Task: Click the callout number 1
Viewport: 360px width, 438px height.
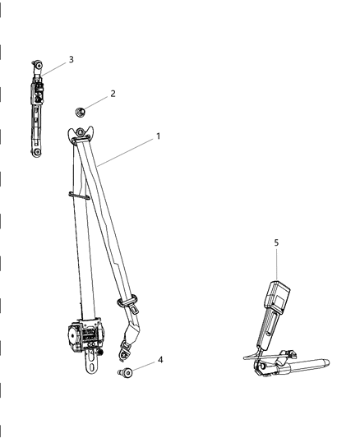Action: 157,136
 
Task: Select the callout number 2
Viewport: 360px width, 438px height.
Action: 113,94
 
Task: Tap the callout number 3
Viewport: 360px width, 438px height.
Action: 71,59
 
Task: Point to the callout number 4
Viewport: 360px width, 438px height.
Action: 159,360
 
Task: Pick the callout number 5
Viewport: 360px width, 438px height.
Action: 276,242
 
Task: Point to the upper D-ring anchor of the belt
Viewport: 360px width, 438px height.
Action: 81,135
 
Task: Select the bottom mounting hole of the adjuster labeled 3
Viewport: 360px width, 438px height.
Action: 37,151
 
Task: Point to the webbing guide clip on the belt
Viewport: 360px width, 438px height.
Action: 78,195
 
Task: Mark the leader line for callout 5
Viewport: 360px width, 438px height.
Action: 276,263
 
